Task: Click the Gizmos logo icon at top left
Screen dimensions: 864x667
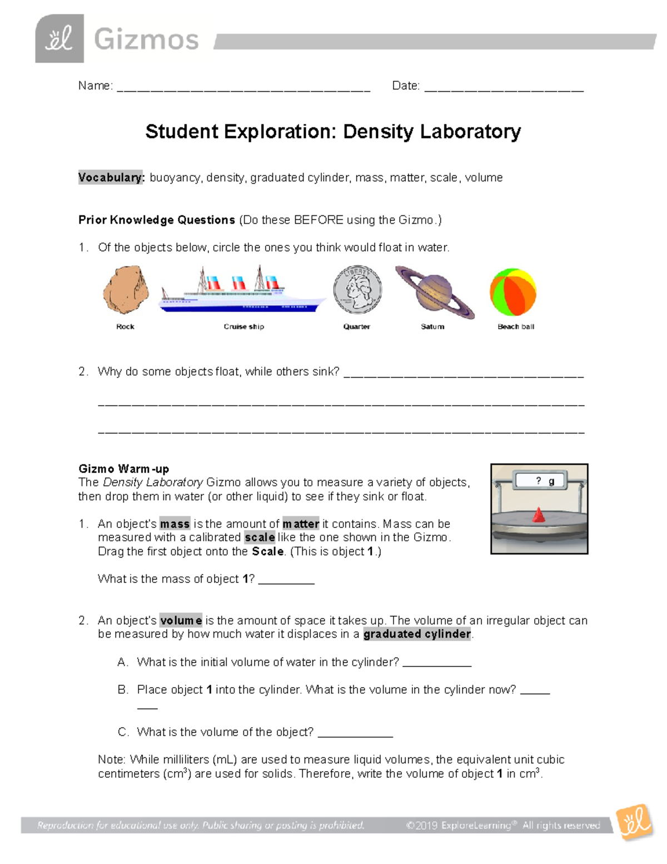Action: pos(59,39)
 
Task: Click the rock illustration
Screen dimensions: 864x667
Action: pos(126,290)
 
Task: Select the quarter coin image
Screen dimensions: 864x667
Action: pos(357,290)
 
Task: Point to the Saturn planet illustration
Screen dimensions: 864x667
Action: pos(434,292)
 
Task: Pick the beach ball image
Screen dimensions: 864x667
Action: pos(512,292)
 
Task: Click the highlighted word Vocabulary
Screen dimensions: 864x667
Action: pos(111,177)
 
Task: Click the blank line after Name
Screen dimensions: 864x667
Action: pos(243,88)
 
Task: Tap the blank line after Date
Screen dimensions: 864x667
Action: pos(504,88)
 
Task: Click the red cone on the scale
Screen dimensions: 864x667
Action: pos(538,515)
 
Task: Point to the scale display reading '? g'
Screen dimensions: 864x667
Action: pos(539,481)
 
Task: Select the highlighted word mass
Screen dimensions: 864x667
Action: pos(175,524)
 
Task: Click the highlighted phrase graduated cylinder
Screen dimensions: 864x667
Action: pos(417,634)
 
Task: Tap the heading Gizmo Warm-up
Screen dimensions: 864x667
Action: pos(123,468)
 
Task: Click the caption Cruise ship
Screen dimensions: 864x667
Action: pos(243,327)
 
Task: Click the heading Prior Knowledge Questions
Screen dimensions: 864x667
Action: pos(157,220)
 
